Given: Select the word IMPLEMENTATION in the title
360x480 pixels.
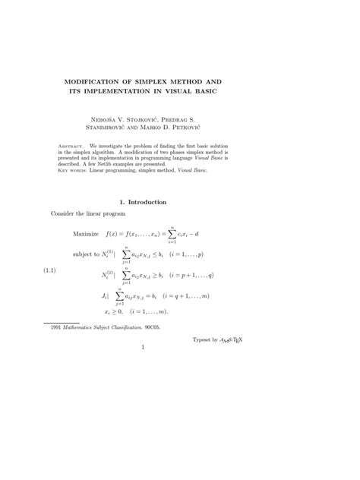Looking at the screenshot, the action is pos(150,92).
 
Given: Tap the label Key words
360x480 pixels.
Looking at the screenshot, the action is pos(74,171).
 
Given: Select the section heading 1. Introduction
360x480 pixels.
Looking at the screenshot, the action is pos(149,202).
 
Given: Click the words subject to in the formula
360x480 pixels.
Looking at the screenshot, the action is pos(90,254).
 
